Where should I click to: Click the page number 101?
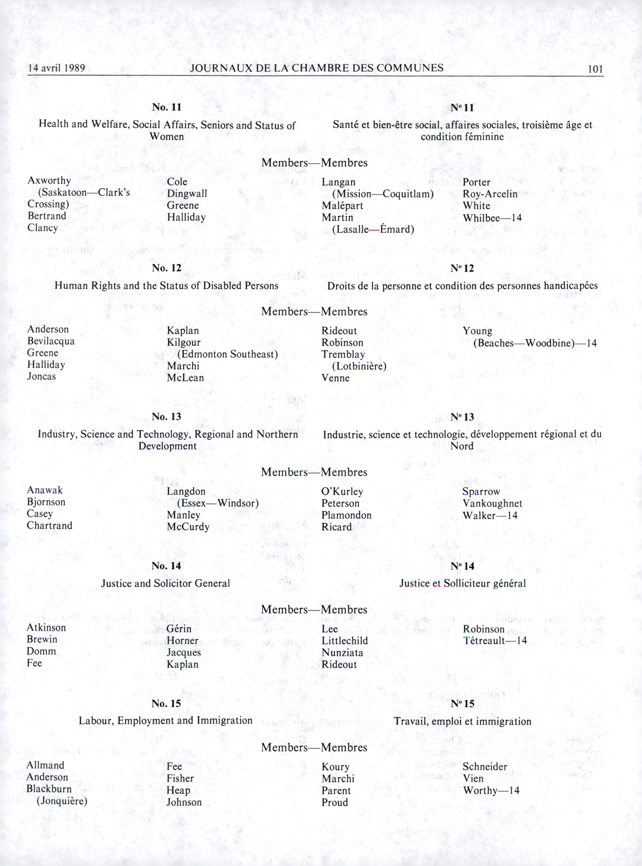click(595, 69)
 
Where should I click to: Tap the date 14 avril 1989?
click(56, 68)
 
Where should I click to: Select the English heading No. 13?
click(166, 417)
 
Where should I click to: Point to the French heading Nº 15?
click(463, 704)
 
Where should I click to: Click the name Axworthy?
click(49, 180)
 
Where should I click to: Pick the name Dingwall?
click(187, 193)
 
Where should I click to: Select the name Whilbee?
click(481, 218)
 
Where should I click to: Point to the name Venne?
click(335, 378)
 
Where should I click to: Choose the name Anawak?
click(45, 490)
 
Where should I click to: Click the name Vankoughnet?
click(492, 503)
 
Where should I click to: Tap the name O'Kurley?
click(342, 491)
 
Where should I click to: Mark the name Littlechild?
click(344, 641)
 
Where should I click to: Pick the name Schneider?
click(484, 767)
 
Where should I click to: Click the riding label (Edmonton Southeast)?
click(227, 354)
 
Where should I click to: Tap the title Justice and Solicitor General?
click(165, 583)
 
